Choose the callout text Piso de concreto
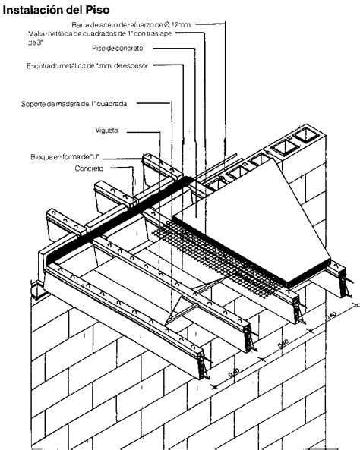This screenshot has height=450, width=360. (140, 49)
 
